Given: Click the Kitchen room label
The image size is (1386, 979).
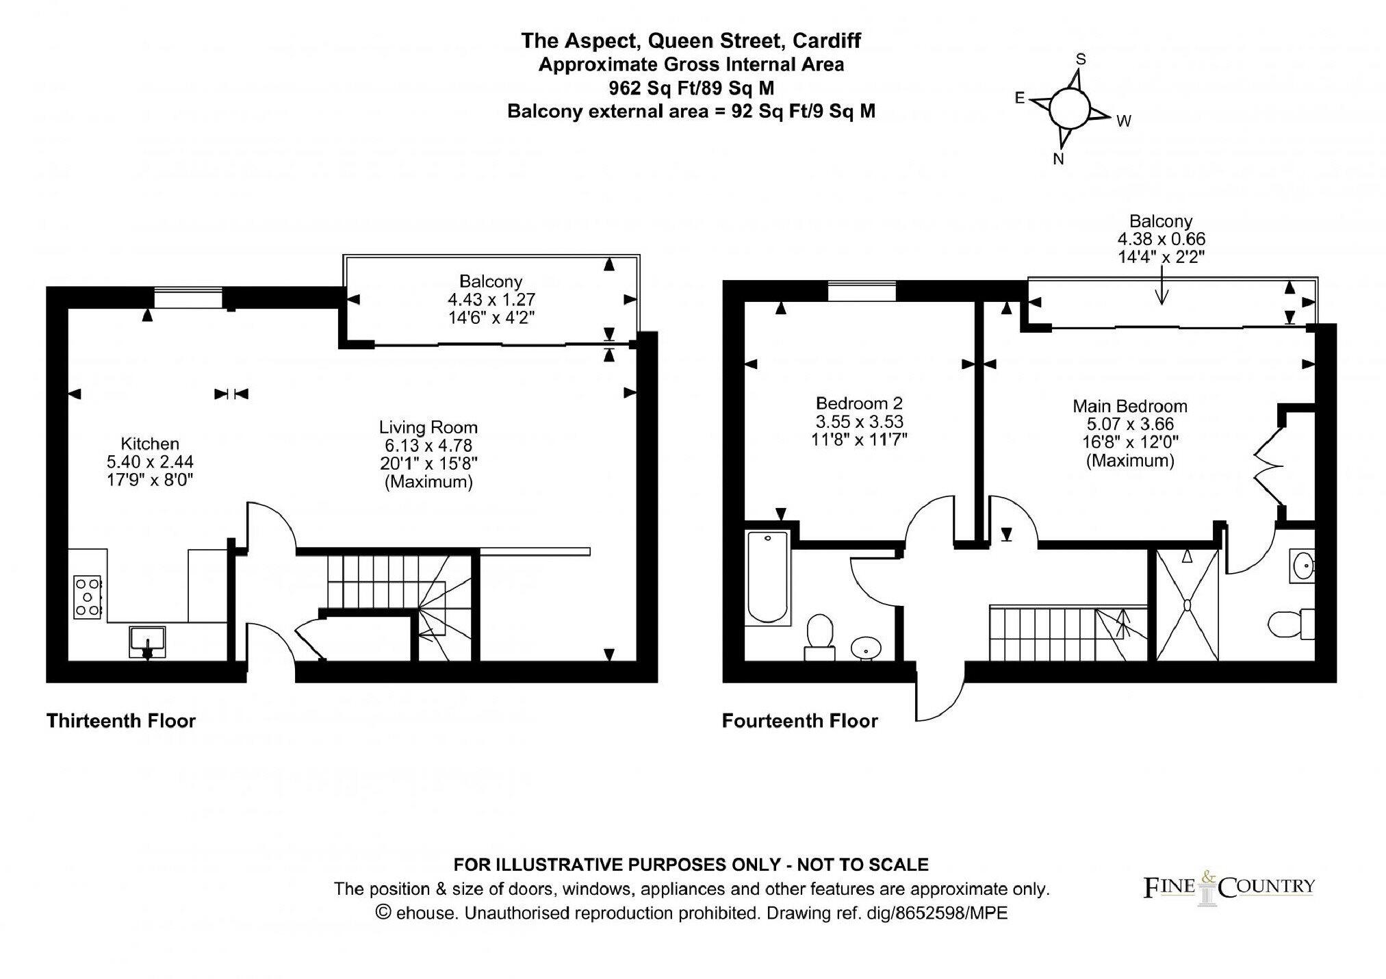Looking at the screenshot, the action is pos(150,444).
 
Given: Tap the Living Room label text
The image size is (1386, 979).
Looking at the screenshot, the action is pos(428,428).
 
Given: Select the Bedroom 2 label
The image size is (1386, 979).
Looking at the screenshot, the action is pos(859,403).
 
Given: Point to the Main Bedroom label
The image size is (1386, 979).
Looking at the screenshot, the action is pos(1129,406).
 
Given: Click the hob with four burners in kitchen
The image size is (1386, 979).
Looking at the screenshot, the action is pos(88,598).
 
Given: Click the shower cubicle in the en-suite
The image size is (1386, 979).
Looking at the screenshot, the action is pos(1188,605).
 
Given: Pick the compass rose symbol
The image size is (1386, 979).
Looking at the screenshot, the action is pos(1068,108).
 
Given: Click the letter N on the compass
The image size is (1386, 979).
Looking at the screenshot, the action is pos(1058,160).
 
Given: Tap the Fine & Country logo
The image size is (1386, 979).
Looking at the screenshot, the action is pos(1229,888).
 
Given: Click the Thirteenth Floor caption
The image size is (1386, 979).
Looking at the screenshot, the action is pos(121,721).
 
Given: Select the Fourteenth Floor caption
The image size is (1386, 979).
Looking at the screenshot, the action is pos(799,721).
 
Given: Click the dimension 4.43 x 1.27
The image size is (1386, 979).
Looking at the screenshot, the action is pos(491,299).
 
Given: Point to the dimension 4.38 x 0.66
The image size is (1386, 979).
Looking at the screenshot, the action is pos(1161,239).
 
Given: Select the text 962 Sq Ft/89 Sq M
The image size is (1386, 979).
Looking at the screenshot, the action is pos(691,88).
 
